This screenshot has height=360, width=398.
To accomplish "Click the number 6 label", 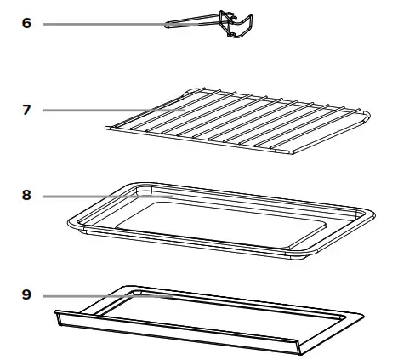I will [26, 24].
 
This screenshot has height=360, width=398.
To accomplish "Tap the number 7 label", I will [26, 110].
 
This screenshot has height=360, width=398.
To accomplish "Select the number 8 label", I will [26, 196].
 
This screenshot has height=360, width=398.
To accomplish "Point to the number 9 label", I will [26, 295].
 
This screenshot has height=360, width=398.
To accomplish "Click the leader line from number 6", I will [102, 24].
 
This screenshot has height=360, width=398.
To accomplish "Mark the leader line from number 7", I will [111, 110].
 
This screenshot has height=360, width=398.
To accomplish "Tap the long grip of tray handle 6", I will [191, 25].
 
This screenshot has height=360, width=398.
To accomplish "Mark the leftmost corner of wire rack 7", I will [104, 129].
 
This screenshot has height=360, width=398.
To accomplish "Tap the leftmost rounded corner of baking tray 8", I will [68, 222].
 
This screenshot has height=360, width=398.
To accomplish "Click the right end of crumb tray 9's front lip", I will [299, 349].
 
